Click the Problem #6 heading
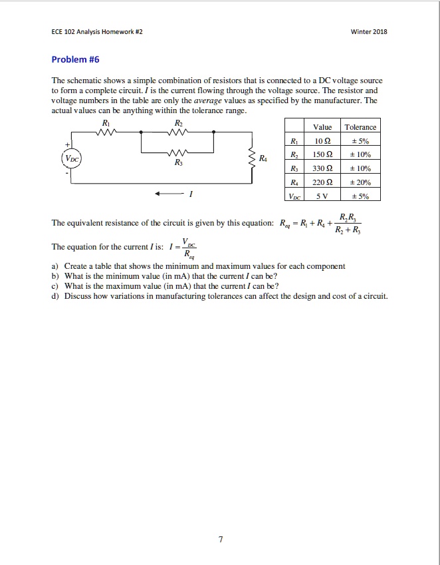(75, 59)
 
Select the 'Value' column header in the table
(322, 126)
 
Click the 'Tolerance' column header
(361, 126)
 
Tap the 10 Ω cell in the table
(322, 140)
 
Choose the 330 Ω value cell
(322, 168)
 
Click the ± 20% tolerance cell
(361, 182)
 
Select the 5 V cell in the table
(322, 196)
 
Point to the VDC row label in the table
(292, 196)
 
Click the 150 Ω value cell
(322, 154)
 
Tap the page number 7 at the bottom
(220, 539)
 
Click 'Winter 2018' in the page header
(370, 32)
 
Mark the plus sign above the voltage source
(66, 144)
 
